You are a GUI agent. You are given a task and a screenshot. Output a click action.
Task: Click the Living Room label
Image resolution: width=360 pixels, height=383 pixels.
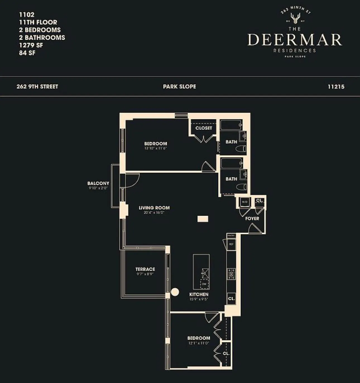154,208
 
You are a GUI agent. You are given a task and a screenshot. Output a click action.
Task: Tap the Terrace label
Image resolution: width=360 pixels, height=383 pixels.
145,269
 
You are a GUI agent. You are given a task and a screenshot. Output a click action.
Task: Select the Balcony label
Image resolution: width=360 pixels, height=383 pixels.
98,184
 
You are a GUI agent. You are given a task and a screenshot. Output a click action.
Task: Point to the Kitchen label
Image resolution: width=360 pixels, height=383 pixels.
199,294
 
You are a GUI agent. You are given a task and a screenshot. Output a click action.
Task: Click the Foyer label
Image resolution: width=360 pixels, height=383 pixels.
252,218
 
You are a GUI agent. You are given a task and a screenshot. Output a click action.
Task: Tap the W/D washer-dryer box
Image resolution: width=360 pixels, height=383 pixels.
244,202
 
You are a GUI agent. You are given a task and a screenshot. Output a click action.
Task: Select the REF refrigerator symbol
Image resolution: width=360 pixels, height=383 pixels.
231,244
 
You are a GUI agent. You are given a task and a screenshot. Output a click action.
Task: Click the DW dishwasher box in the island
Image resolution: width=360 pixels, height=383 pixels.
204,284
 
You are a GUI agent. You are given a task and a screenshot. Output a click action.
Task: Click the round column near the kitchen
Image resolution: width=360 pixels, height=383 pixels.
175,292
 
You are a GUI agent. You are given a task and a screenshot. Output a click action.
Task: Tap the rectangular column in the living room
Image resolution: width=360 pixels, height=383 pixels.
203,219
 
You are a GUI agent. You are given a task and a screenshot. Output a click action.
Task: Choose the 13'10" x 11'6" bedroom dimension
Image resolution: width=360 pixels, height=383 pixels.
155,148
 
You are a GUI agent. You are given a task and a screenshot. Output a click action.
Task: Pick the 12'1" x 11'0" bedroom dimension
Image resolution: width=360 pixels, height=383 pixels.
198,343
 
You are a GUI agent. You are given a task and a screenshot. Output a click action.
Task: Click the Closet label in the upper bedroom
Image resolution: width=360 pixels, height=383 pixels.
204,128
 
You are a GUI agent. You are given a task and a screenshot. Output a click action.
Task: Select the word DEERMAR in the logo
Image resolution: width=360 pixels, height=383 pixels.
295,40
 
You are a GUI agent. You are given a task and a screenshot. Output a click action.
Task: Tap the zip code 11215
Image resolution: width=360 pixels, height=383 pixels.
336,87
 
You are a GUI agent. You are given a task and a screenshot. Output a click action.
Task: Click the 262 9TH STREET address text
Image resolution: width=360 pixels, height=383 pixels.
37,87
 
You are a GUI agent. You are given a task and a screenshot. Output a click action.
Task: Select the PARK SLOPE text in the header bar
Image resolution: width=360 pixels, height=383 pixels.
179,87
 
